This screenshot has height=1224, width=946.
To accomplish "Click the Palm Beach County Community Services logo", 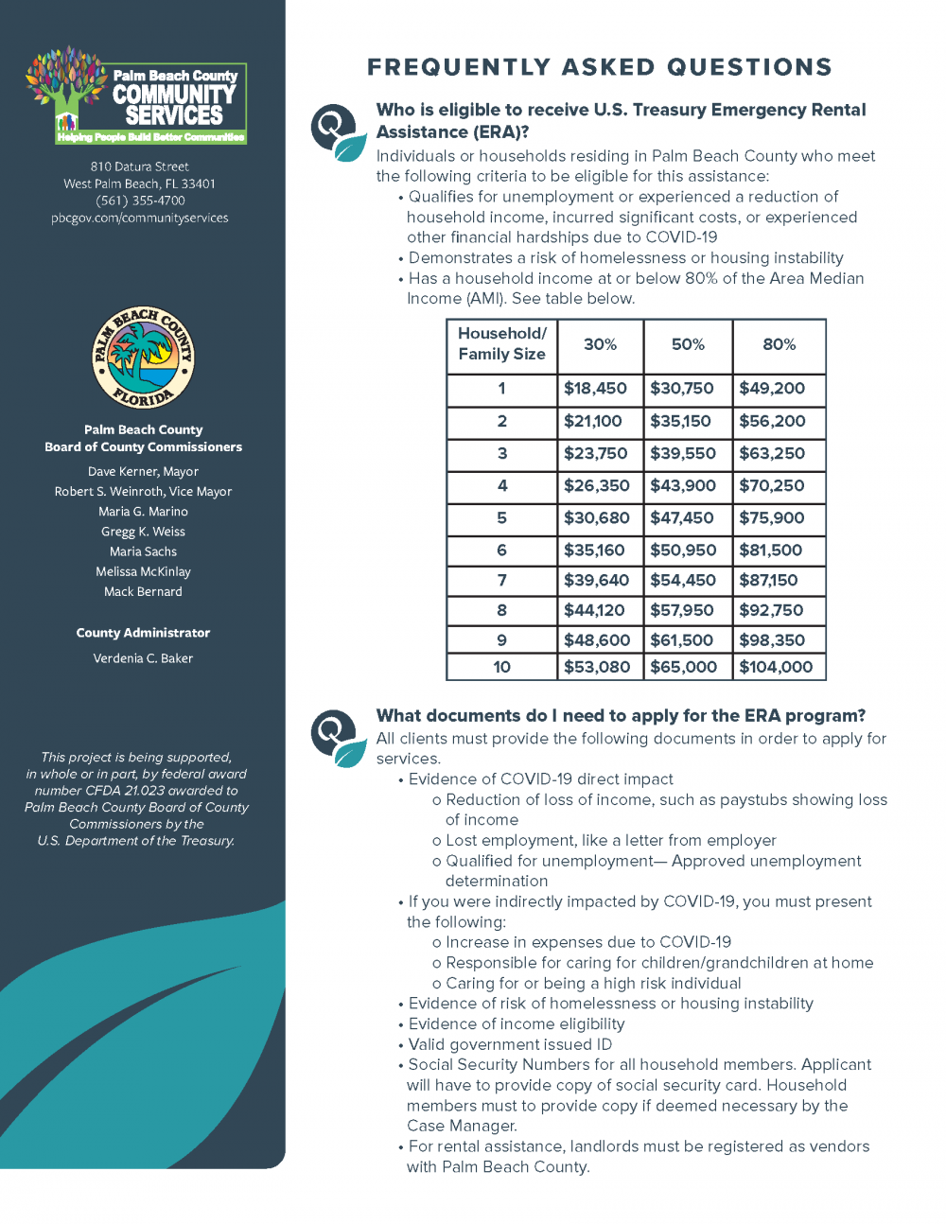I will [137, 96].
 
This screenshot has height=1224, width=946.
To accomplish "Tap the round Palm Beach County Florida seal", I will [143, 358].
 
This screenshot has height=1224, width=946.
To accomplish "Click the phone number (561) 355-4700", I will [140, 201].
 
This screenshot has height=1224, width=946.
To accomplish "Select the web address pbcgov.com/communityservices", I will [140, 218].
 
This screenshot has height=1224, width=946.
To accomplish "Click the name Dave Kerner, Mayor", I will [143, 471].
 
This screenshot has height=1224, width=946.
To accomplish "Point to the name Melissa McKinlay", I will [143, 571].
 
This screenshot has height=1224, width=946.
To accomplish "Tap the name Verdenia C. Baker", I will [143, 658].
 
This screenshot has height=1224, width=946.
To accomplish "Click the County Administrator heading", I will [143, 633].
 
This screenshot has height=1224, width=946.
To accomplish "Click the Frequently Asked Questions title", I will [599, 67].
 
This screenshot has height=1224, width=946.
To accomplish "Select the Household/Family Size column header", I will [501, 344].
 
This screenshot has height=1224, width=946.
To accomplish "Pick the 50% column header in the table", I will [688, 344].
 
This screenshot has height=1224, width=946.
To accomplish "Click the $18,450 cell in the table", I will [595, 389].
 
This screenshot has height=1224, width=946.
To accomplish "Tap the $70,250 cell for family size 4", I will [772, 486].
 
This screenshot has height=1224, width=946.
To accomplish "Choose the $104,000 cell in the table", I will [776, 667].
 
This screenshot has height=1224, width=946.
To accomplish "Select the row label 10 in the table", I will [501, 667].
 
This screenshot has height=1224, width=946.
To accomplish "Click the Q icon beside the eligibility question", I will [337, 132].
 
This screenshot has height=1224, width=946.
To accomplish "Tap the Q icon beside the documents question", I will [337, 737].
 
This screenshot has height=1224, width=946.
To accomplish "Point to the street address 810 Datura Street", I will [140, 166].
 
